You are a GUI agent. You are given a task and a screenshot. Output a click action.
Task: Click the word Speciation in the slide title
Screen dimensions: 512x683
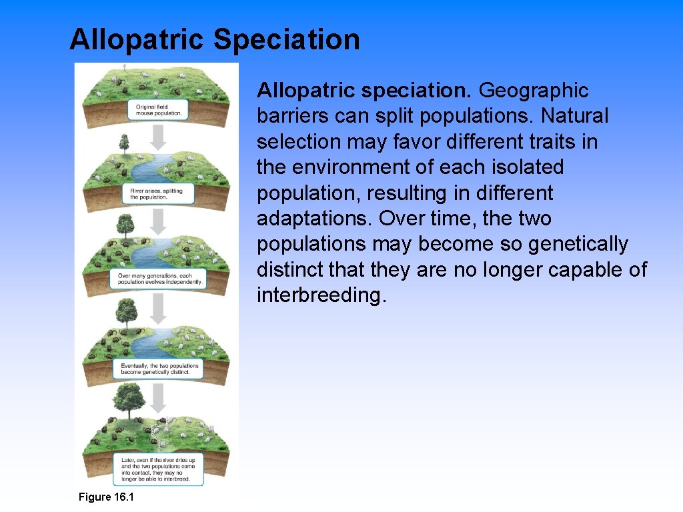[286, 39]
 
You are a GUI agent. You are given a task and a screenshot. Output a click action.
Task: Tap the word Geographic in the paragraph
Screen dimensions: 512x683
[534, 90]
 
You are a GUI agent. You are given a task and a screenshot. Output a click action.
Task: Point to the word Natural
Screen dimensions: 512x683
[574, 116]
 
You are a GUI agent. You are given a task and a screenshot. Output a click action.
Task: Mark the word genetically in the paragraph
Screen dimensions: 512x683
[578, 244]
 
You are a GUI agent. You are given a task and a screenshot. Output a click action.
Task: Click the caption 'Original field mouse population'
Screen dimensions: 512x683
[157, 110]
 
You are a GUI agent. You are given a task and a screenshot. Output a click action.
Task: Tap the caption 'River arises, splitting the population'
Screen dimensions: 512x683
[160, 194]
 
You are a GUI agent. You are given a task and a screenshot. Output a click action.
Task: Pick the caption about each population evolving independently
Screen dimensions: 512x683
[160, 279]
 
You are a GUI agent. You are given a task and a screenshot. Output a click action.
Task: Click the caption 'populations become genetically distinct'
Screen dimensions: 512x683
[160, 369]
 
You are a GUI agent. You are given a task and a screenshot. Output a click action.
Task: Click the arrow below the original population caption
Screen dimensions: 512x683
[158, 137]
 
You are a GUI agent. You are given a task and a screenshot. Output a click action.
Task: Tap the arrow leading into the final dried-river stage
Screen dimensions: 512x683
[158, 398]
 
